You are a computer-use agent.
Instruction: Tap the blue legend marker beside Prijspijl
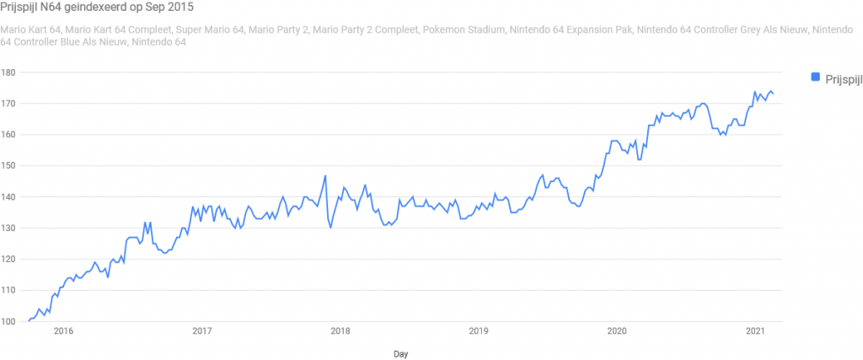pyautogui.click(x=815, y=78)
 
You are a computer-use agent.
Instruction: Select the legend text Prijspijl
pyautogui.click(x=839, y=78)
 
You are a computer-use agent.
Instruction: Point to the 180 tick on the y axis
pyautogui.click(x=10, y=73)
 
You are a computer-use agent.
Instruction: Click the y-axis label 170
pyautogui.click(x=10, y=104)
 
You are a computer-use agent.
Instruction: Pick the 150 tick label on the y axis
pyautogui.click(x=10, y=166)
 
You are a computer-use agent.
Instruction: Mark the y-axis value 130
pyautogui.click(x=10, y=228)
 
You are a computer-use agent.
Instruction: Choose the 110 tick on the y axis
pyautogui.click(x=10, y=291)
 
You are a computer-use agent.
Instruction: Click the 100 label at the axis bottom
pyautogui.click(x=10, y=322)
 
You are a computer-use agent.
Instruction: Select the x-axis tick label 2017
pyautogui.click(x=201, y=331)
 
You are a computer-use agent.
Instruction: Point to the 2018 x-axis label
pyautogui.click(x=340, y=331)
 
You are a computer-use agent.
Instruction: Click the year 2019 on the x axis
pyautogui.click(x=478, y=331)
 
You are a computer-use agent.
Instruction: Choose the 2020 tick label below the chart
pyautogui.click(x=617, y=331)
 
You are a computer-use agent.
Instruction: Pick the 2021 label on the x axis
pyautogui.click(x=755, y=331)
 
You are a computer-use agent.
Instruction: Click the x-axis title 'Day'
pyautogui.click(x=400, y=354)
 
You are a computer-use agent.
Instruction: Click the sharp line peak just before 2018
pyautogui.click(x=325, y=176)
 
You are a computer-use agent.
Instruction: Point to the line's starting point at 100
pyautogui.click(x=29, y=321)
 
